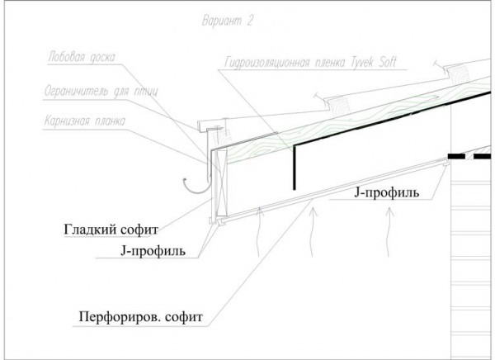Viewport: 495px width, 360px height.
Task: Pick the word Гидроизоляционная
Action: click(x=265, y=64)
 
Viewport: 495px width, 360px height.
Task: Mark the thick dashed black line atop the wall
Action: click(x=469, y=155)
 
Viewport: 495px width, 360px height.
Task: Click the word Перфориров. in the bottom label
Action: click(x=117, y=316)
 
